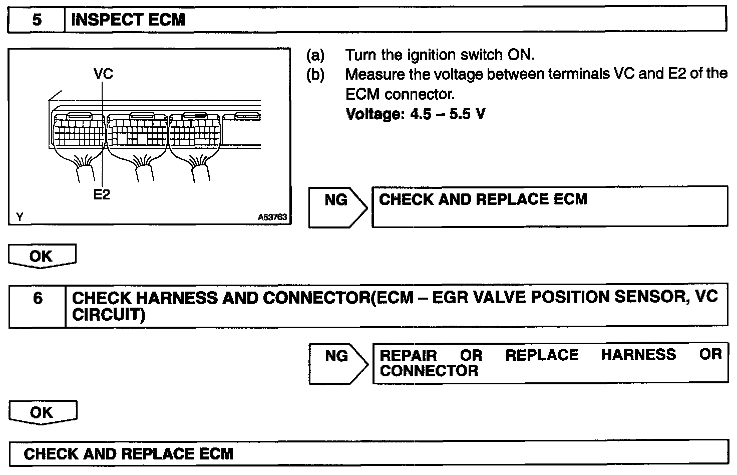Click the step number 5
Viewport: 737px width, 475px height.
(x=37, y=20)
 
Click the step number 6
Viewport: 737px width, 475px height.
(x=38, y=299)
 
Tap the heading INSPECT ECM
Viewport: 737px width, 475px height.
(x=128, y=20)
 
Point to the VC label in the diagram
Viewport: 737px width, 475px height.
(x=103, y=74)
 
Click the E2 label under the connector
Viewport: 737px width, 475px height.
(x=102, y=194)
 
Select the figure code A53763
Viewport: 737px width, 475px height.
(x=272, y=217)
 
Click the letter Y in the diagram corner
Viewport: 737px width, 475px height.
(x=20, y=217)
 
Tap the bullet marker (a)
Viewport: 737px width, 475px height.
(x=315, y=55)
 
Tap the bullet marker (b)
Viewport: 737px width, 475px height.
(x=315, y=75)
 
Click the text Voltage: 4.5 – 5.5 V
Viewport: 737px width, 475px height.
(x=415, y=114)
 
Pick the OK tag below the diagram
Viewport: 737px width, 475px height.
(x=41, y=256)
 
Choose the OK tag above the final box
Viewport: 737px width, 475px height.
(x=42, y=412)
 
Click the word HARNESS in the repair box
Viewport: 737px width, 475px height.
(x=638, y=355)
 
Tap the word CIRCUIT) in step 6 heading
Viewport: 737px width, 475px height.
(x=109, y=315)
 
